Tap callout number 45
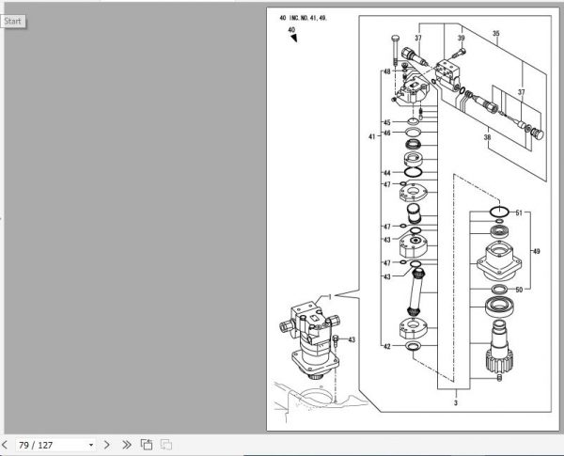[x=386, y=123]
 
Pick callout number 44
[x=386, y=173]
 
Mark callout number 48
[x=386, y=72]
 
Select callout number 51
[x=518, y=213]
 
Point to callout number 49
[x=537, y=251]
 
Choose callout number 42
[x=386, y=347]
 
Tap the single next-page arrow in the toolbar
[x=107, y=444]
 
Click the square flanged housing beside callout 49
[x=497, y=259]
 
